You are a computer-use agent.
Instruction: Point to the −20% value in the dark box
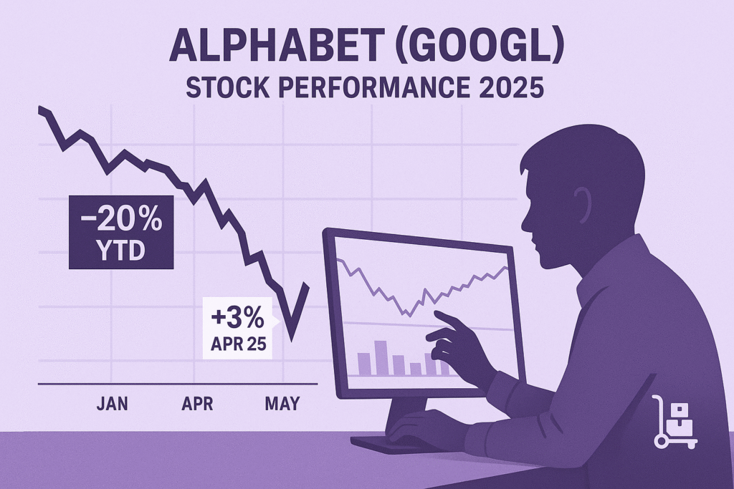pyautogui.click(x=121, y=220)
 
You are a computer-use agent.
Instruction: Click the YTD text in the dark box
pyautogui.click(x=121, y=251)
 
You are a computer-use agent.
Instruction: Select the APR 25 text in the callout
pyautogui.click(x=238, y=344)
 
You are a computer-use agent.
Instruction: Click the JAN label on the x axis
pyautogui.click(x=112, y=404)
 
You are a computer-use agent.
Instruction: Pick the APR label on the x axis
pyautogui.click(x=197, y=404)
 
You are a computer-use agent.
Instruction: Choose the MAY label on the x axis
pyautogui.click(x=282, y=404)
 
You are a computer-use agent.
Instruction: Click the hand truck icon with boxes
pyautogui.click(x=674, y=422)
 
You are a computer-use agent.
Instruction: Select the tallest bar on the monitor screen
pyautogui.click(x=381, y=358)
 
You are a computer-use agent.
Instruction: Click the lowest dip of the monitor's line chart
pyautogui.click(x=410, y=316)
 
